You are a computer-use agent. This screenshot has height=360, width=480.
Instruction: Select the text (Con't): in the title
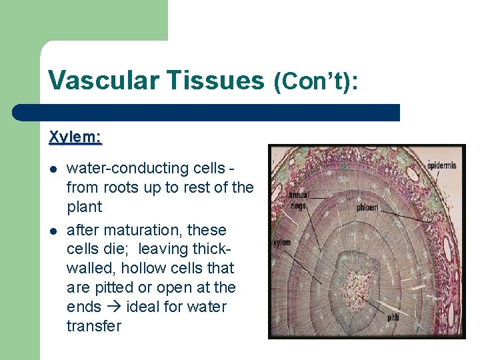click(316, 81)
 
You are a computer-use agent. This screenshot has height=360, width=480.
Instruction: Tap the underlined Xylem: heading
click(75, 137)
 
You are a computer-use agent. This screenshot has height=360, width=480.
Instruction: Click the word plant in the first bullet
click(85, 207)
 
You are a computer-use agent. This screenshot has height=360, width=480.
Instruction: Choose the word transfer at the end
click(94, 326)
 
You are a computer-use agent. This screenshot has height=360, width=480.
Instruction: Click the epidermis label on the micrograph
click(441, 165)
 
